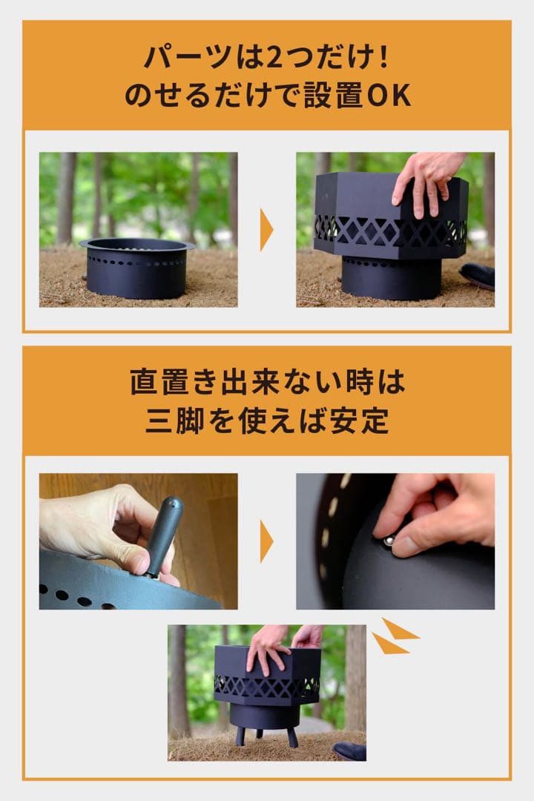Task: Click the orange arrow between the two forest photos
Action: click(266, 230)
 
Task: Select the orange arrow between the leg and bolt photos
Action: click(266, 541)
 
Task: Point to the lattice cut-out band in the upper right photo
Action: click(389, 231)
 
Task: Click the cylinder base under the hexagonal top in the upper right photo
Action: click(391, 278)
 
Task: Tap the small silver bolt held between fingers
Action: click(388, 542)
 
